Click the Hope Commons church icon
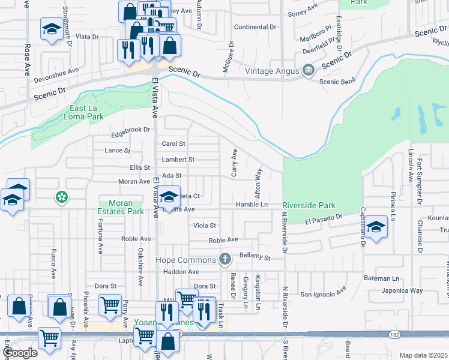pyautogui.click(x=225, y=259)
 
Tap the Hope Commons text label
pyautogui.click(x=185, y=260)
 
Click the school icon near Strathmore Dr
pyautogui.click(x=52, y=28)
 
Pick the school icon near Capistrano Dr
pyautogui.click(x=376, y=227)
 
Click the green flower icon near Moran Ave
pyautogui.click(x=61, y=196)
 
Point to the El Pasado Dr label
pyautogui.click(x=323, y=220)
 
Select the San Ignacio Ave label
pyautogui.click(x=324, y=294)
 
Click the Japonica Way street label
pyautogui.click(x=403, y=290)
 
